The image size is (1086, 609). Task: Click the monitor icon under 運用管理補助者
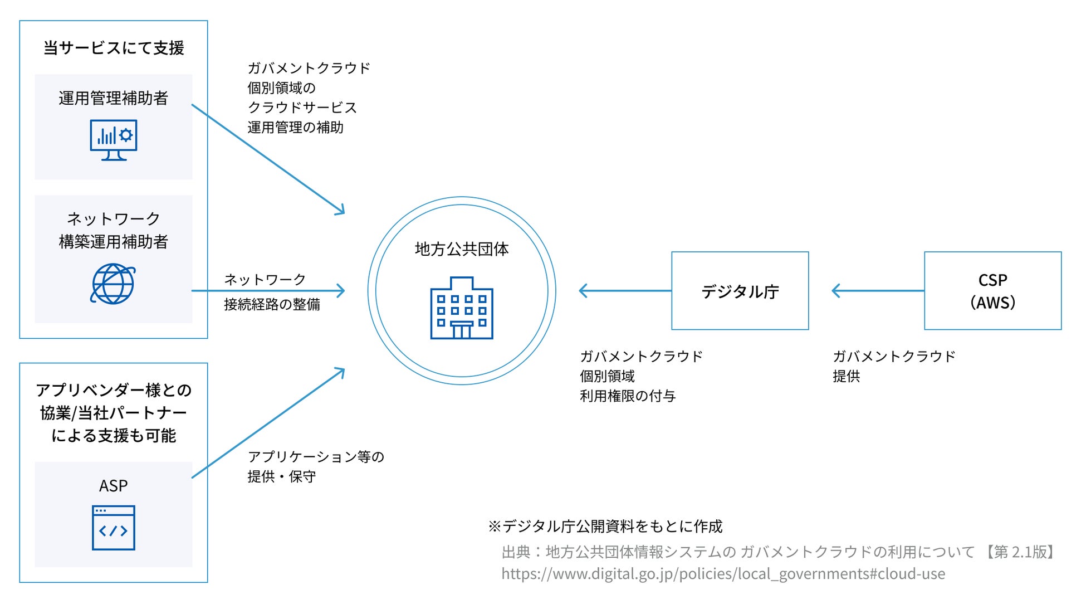114,140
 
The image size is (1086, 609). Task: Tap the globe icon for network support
113,284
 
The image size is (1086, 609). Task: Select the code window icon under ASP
114,528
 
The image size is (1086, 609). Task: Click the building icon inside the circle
462,308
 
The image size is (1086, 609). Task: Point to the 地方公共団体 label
462,249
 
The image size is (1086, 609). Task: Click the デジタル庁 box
740,291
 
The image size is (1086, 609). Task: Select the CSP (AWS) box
992,291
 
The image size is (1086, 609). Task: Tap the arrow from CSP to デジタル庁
877,291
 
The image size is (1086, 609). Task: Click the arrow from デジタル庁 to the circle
624,291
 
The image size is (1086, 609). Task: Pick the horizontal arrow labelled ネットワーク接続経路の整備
267,290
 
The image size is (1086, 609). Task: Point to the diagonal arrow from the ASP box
267,423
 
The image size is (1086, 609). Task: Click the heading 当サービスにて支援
114,48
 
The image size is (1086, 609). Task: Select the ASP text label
114,486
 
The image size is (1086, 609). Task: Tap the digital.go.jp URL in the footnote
723,574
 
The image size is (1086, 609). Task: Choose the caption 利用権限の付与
628,396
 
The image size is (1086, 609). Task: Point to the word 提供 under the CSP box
846,377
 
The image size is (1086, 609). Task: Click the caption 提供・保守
282,477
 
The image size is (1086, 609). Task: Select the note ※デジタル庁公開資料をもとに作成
605,527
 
